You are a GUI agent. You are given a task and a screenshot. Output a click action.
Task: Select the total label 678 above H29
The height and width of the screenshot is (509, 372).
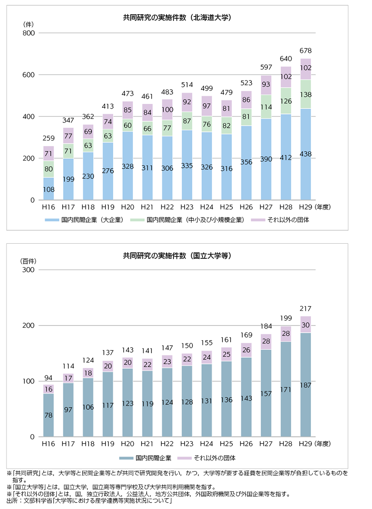pyautogui.click(x=305, y=50)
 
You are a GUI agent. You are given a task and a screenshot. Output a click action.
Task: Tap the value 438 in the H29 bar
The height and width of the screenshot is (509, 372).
pyautogui.click(x=305, y=154)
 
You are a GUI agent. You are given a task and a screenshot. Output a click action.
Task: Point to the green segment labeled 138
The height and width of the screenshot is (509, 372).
pyautogui.click(x=305, y=94)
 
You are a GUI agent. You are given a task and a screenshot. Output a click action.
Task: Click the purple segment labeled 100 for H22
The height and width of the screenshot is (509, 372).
pyautogui.click(x=167, y=110)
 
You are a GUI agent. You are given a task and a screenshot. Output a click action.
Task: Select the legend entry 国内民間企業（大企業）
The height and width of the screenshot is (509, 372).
pyautogui.click(x=84, y=220)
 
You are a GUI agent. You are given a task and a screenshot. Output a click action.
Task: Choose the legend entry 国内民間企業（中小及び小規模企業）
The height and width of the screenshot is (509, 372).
pyautogui.click(x=190, y=220)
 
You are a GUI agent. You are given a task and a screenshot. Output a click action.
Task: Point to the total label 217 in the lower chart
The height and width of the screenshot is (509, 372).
pyautogui.click(x=305, y=309)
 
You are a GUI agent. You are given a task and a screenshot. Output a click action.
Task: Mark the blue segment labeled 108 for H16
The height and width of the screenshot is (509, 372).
pyautogui.click(x=48, y=189)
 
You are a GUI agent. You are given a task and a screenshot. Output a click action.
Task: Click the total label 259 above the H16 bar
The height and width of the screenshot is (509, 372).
pyautogui.click(x=48, y=139)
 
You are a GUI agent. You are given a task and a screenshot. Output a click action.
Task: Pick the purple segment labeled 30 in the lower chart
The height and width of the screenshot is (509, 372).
pyautogui.click(x=305, y=325)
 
